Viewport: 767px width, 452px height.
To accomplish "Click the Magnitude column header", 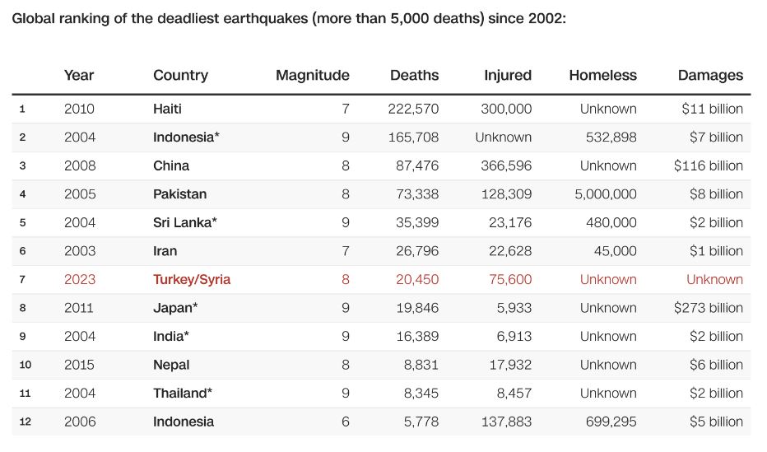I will [x=312, y=75].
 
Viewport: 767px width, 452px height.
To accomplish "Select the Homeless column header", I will [x=602, y=75].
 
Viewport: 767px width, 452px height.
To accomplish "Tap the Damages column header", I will [x=710, y=75].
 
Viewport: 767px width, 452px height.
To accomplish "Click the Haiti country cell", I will [x=167, y=109].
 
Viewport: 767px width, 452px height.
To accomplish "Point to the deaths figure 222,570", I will [x=413, y=109].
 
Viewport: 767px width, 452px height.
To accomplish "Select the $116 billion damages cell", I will [x=708, y=165].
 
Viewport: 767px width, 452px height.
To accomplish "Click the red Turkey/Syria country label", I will [x=192, y=279].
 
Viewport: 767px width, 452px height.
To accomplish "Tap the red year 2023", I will [x=80, y=279].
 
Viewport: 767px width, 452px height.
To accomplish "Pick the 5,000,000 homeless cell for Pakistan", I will [x=606, y=194].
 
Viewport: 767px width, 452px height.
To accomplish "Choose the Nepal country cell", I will [x=171, y=365].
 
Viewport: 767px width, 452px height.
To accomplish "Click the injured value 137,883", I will [x=506, y=422].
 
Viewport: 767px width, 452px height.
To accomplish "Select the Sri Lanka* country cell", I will [x=185, y=222].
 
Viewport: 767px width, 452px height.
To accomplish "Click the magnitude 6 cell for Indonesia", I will [x=346, y=422].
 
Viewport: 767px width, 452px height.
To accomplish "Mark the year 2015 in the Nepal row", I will [x=80, y=365].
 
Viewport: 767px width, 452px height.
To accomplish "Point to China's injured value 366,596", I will [x=506, y=165].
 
